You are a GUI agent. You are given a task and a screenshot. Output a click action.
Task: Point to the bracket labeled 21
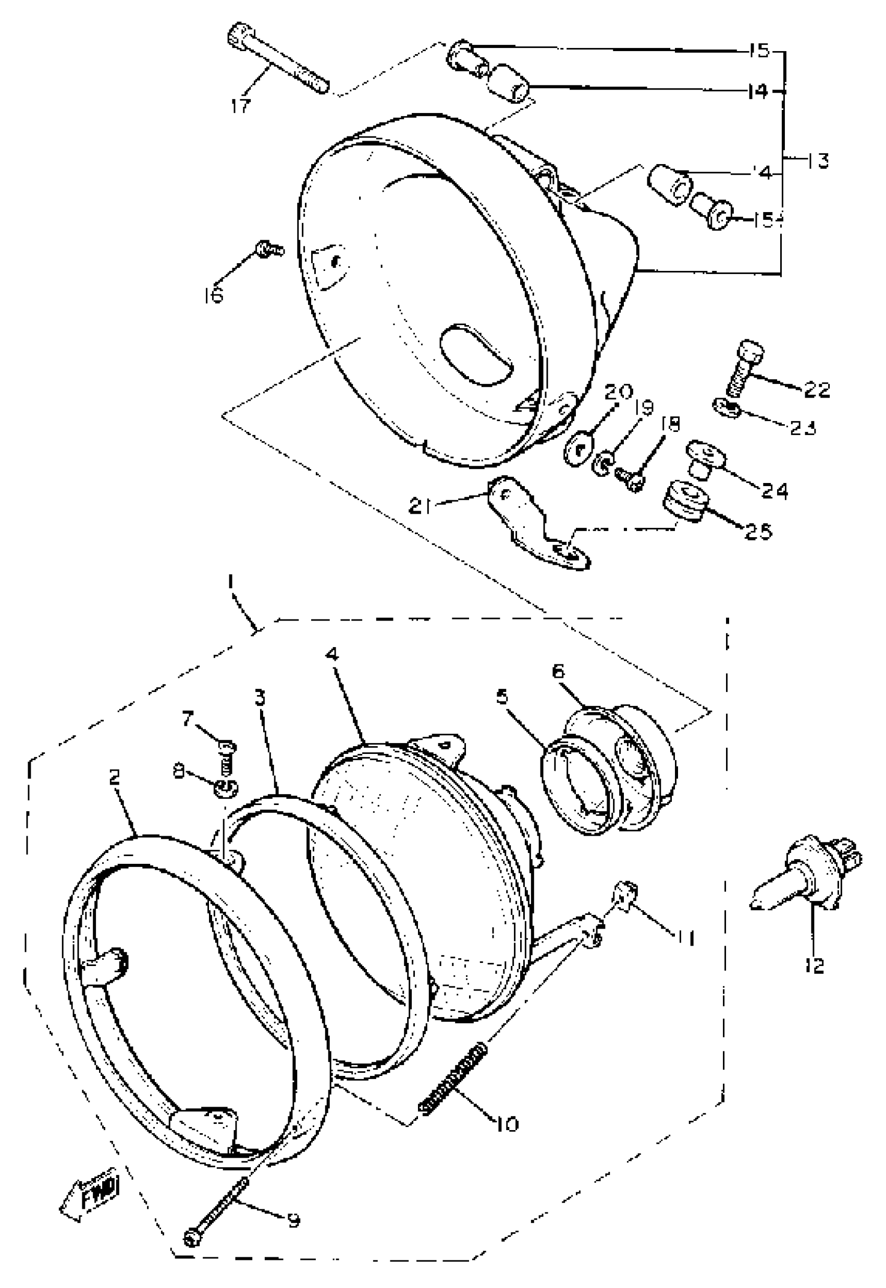pos(533,522)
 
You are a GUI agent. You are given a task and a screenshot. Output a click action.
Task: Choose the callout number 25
pos(758,531)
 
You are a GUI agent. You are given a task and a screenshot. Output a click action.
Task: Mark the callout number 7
pos(187,721)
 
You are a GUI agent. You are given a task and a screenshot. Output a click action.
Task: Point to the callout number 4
pos(331,655)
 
